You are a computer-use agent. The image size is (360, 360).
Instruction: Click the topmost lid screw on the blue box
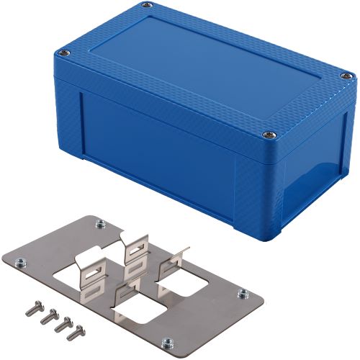147,6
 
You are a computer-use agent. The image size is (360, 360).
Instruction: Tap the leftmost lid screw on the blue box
64,53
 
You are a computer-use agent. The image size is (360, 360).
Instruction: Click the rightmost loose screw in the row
73,333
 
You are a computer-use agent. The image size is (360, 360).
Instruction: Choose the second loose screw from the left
46,315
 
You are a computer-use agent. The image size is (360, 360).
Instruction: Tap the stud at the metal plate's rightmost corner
243,293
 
